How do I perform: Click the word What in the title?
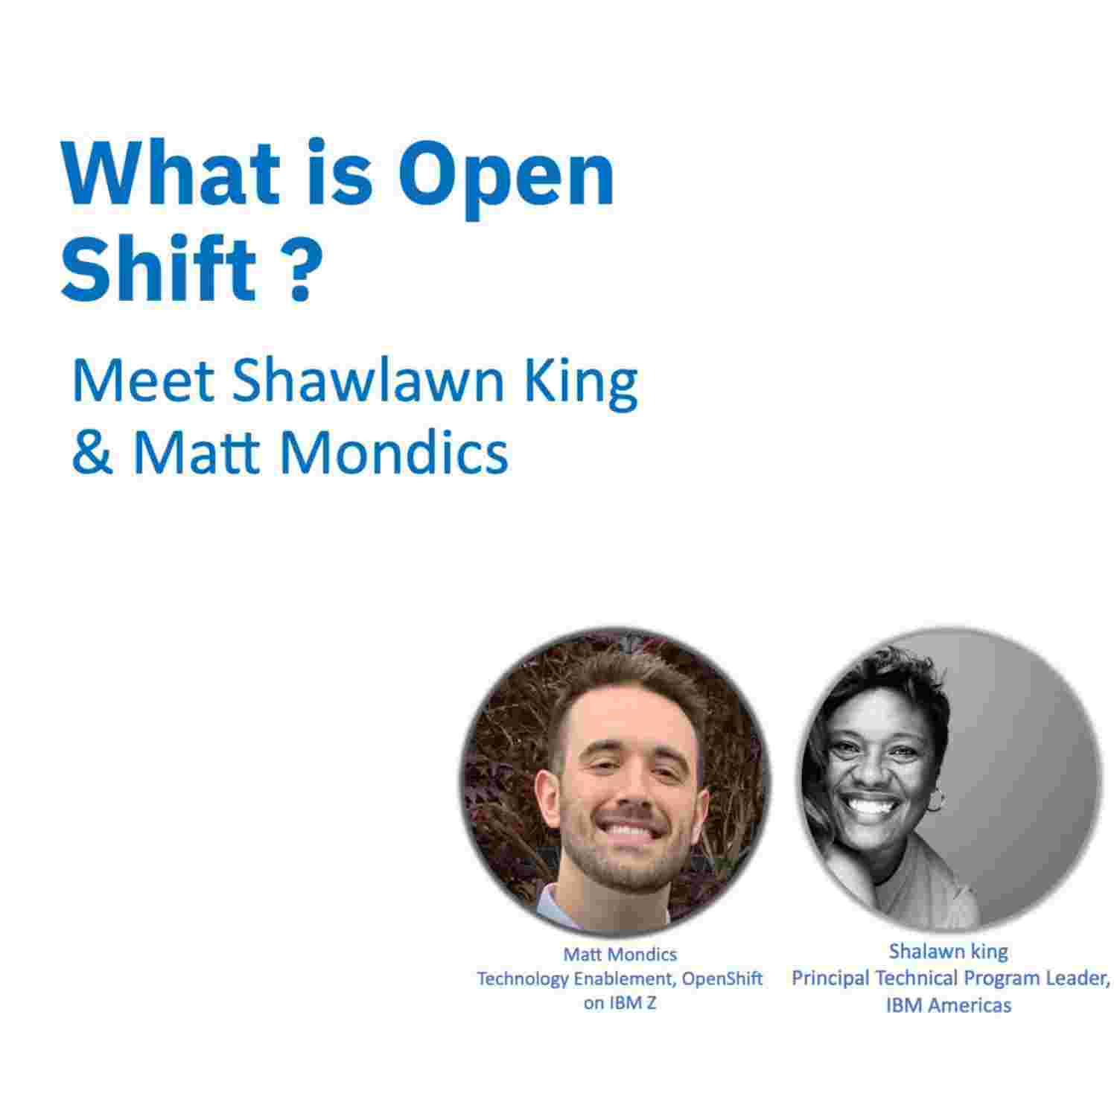click(x=172, y=173)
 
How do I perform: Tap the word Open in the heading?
click(x=506, y=179)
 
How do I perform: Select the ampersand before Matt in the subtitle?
click(x=92, y=452)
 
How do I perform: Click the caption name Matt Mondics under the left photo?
click(x=620, y=954)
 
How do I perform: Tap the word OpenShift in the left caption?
click(x=722, y=978)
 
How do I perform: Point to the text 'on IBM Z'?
click(x=620, y=1003)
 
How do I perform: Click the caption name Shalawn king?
click(x=948, y=952)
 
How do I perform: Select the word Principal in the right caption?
click(x=830, y=978)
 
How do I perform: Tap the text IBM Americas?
click(x=948, y=1005)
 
